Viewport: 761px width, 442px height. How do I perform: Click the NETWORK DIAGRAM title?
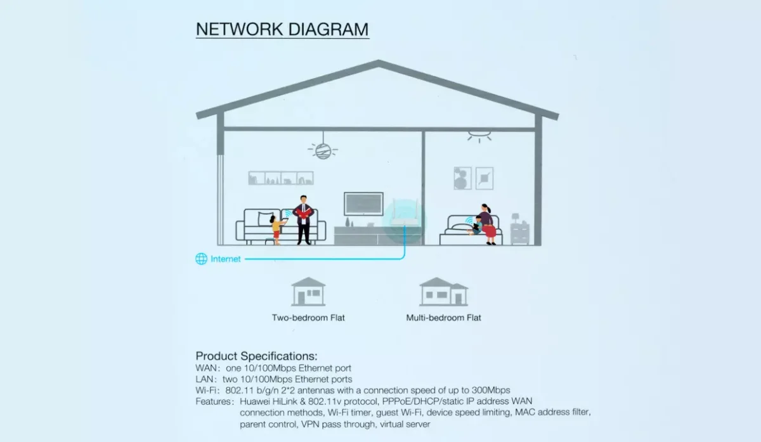click(282, 30)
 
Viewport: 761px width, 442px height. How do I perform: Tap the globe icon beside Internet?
click(201, 259)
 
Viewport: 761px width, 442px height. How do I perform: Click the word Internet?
click(226, 259)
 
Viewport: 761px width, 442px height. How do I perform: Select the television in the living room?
click(363, 204)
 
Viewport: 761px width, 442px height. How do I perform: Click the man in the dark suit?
click(303, 219)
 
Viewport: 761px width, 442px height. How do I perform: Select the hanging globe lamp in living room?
click(323, 150)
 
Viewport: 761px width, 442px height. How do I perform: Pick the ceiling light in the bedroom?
click(479, 136)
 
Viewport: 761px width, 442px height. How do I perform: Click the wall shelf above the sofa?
click(280, 178)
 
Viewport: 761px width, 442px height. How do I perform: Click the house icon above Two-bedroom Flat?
click(308, 291)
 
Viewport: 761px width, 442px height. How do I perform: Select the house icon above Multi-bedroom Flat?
click(443, 291)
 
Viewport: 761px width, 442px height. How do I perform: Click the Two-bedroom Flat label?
click(308, 317)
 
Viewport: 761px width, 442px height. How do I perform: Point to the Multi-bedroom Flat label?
click(443, 317)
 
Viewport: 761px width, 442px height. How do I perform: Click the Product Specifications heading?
click(256, 356)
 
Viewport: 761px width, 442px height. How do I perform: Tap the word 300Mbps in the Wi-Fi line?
click(490, 390)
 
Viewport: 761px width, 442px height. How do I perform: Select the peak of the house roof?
click(379, 63)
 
